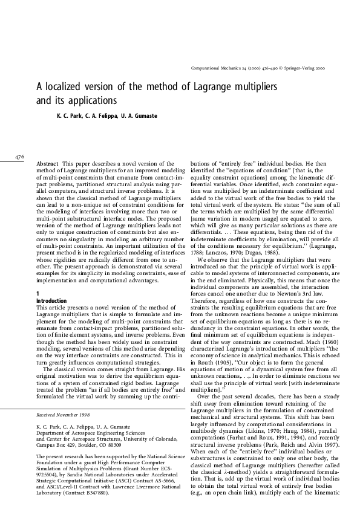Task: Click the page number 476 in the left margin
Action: (x=19, y=157)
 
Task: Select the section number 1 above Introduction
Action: (x=38, y=276)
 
